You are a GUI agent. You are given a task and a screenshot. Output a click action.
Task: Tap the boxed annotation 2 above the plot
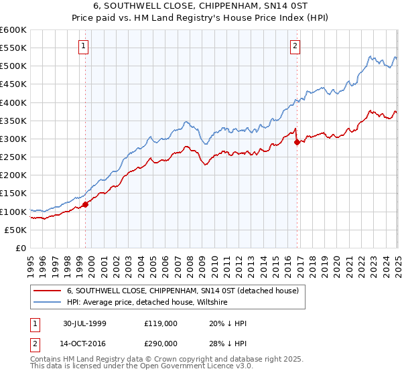click(295, 46)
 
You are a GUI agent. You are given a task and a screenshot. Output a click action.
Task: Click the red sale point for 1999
click(86, 205)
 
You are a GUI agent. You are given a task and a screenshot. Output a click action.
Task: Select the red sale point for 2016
click(297, 142)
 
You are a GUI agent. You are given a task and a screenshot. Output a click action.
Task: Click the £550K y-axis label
click(13, 48)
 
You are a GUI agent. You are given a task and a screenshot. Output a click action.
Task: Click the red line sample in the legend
click(47, 291)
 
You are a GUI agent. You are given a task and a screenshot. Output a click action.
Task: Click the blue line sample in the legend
click(47, 302)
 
